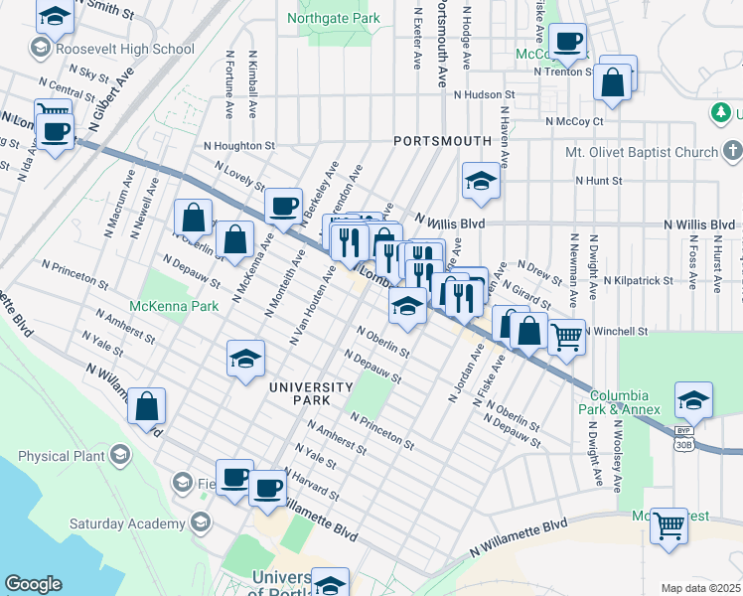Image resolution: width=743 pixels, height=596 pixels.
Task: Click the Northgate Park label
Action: [x=333, y=18]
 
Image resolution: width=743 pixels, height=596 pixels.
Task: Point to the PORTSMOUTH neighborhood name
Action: [x=442, y=141]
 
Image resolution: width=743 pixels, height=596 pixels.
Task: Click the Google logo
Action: [x=33, y=583]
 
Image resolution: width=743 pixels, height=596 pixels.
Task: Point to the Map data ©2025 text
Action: [x=700, y=588]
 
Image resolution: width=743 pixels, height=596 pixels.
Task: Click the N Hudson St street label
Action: [x=485, y=95]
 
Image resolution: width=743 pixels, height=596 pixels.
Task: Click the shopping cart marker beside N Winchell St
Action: [x=566, y=337]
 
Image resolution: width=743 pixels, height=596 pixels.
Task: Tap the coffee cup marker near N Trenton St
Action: [x=568, y=42]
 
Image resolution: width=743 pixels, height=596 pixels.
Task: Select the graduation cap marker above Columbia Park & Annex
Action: [x=693, y=399]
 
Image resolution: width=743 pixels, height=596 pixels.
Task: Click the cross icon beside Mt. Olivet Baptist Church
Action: [x=732, y=151]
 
